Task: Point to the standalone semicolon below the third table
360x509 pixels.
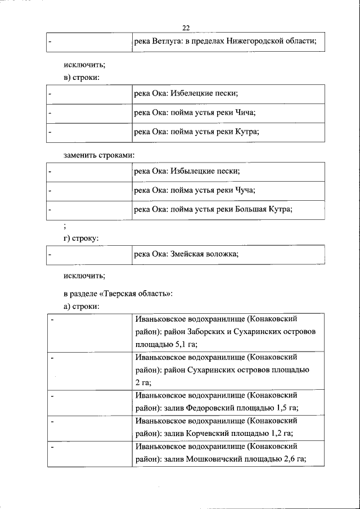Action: point(66,226)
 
